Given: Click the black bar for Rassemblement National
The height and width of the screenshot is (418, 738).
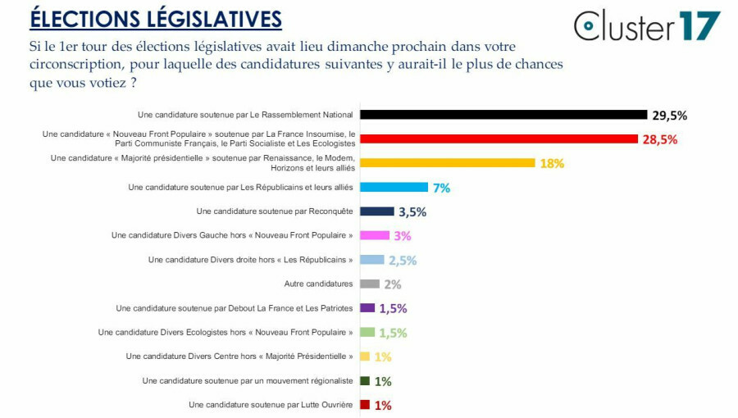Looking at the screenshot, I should [503, 115].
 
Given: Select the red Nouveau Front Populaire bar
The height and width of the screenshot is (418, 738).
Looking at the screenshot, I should [499, 139].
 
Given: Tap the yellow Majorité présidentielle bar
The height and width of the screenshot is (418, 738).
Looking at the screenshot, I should [448, 163].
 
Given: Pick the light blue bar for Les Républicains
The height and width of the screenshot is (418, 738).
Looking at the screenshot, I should [394, 188].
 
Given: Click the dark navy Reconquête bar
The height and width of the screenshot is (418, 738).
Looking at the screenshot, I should [377, 211].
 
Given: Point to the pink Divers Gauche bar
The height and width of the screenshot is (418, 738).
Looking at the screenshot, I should [375, 235].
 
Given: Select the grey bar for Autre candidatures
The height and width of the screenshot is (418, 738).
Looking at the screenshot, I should [370, 284].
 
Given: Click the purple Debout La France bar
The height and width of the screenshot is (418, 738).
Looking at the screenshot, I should [367, 308].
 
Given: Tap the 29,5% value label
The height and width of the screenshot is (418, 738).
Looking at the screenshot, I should [670, 115].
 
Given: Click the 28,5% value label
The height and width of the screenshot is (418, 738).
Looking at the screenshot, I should [660, 139].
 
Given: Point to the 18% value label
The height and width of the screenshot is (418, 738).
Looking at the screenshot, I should [552, 163].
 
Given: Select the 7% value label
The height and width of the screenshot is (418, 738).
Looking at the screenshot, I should [441, 188].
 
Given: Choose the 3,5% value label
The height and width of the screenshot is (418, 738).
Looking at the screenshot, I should [412, 211].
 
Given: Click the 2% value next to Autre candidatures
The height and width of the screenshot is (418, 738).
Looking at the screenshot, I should [392, 284].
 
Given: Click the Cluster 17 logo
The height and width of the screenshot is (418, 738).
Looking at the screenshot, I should [647, 25].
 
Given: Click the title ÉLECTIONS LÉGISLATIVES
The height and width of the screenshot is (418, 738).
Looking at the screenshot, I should [156, 18].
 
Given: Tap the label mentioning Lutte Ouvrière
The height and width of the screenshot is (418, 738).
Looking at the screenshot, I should [271, 405].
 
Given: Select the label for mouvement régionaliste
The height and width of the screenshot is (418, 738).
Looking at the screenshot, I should [248, 381].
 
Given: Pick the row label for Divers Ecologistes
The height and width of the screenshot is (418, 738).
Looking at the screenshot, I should [225, 333].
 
